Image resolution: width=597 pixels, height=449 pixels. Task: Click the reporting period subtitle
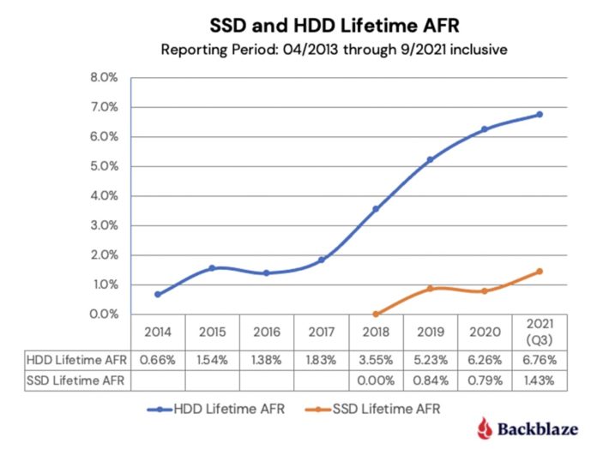[334, 49]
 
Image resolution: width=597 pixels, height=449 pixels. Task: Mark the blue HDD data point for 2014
[159, 295]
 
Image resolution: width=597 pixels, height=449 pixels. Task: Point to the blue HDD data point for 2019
[431, 160]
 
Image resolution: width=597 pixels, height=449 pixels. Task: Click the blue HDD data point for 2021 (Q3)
[540, 114]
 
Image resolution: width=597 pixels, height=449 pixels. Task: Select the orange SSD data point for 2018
[377, 314]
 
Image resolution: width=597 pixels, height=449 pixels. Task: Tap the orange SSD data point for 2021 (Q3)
[540, 272]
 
